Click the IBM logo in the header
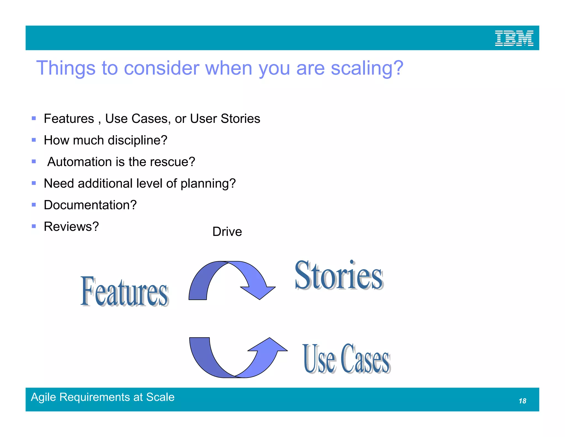514,38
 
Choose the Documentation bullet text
90,205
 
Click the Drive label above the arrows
227,231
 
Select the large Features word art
124,291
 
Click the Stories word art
339,276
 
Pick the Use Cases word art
346,359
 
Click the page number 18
522,401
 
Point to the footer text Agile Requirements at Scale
103,397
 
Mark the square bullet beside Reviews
34,226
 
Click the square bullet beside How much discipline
34,140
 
